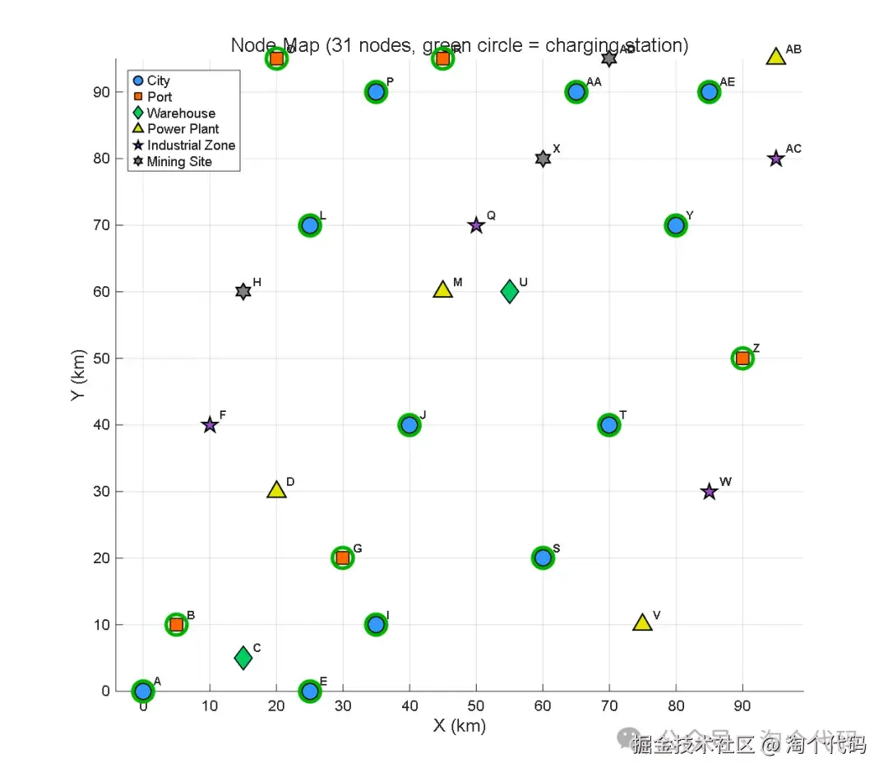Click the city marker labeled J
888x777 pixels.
tap(409, 425)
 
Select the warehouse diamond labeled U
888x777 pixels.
tap(510, 291)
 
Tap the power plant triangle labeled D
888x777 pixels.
tap(276, 490)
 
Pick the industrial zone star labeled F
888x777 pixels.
tap(210, 425)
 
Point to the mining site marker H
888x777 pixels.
tap(243, 292)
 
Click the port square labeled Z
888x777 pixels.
tap(742, 358)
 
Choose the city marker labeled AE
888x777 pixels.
tap(710, 92)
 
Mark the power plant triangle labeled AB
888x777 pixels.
tap(776, 57)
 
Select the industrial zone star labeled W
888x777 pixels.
tap(710, 492)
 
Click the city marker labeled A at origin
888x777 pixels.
tap(143, 691)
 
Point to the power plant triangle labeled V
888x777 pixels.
tap(643, 623)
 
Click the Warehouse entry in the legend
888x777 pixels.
tap(181, 113)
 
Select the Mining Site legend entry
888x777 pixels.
tap(179, 162)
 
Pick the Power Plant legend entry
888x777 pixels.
tap(183, 129)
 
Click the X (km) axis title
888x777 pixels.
tap(460, 726)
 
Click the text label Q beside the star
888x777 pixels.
tap(492, 215)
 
